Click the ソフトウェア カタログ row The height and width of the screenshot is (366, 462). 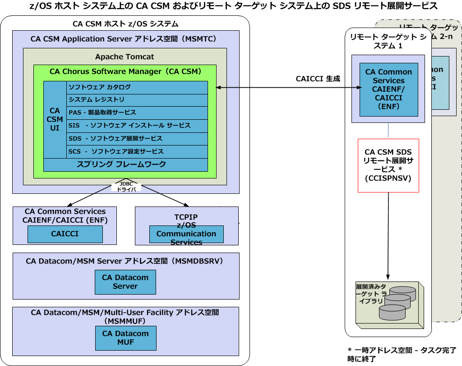coord(137,87)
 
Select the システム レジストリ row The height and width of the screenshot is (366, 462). coord(137,100)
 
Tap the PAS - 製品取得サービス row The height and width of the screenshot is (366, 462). coord(137,113)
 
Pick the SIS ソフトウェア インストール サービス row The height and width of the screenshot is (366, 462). coord(137,126)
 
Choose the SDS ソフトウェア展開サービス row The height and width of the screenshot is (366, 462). coord(137,139)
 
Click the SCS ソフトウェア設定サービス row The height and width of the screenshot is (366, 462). coord(137,152)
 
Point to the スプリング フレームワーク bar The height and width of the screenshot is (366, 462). coord(125,164)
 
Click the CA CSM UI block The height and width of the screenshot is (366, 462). coord(55,119)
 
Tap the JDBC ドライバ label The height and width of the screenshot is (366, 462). coord(126,186)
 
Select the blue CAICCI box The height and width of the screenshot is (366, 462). coord(65,234)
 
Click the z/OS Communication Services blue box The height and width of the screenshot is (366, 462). coord(186,234)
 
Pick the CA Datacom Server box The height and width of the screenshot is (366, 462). coord(125,282)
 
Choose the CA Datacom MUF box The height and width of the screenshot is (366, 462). coord(125,338)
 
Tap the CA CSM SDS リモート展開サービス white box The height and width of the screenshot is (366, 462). coord(388,165)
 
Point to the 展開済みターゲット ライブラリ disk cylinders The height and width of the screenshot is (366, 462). coord(397,302)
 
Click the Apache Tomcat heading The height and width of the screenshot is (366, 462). coord(125,57)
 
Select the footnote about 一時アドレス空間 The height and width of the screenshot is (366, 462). coord(402,354)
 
